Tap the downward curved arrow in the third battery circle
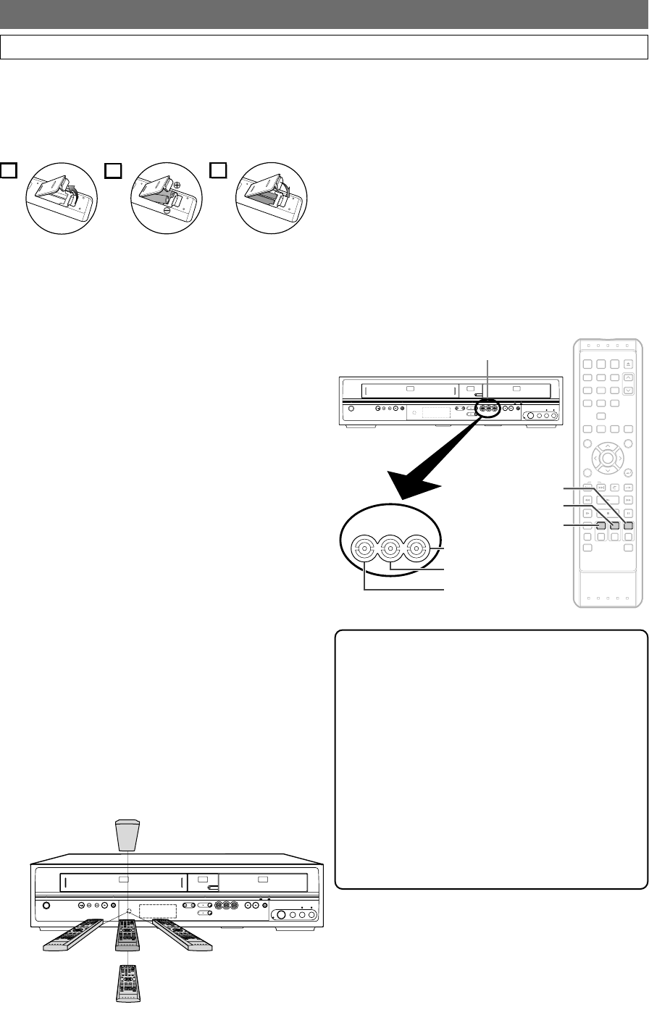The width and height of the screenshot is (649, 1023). tap(289, 191)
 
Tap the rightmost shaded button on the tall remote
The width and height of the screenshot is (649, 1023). tap(628, 527)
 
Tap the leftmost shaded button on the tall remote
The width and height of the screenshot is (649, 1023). tap(600, 527)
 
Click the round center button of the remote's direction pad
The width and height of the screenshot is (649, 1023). tap(607, 457)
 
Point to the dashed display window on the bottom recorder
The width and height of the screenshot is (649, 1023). tap(158, 910)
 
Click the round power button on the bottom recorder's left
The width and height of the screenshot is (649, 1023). tap(46, 905)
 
